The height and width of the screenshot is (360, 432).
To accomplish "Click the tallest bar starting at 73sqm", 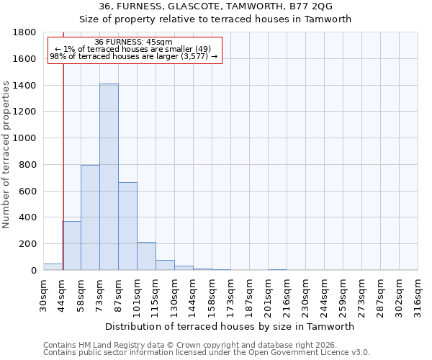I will point(109,177).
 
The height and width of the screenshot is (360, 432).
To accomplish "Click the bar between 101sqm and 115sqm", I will point(146,256).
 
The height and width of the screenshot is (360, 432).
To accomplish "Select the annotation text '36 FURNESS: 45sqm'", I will point(133,42).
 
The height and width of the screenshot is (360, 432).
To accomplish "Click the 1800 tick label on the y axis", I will point(25,32).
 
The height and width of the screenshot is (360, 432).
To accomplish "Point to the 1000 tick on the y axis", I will point(25,138).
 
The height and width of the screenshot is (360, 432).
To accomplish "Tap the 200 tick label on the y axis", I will point(28,244).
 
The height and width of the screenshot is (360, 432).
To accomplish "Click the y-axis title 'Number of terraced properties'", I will point(6,155).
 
